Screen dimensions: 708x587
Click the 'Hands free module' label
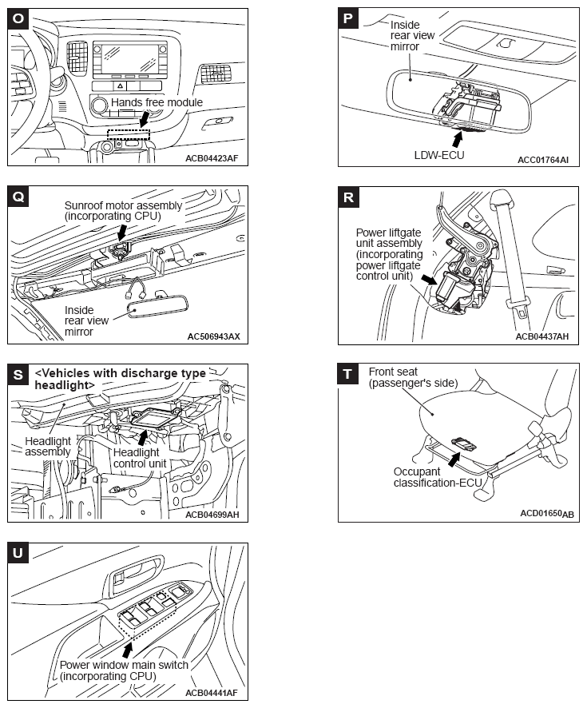click(157, 102)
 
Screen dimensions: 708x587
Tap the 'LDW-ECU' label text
click(438, 154)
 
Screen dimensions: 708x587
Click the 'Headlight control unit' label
click(140, 457)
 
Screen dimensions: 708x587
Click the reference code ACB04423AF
click(210, 157)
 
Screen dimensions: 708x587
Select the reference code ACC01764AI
click(542, 159)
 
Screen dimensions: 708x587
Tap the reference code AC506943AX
click(212, 336)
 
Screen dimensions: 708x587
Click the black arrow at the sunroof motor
click(122, 232)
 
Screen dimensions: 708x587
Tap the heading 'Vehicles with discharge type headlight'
click(120, 379)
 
